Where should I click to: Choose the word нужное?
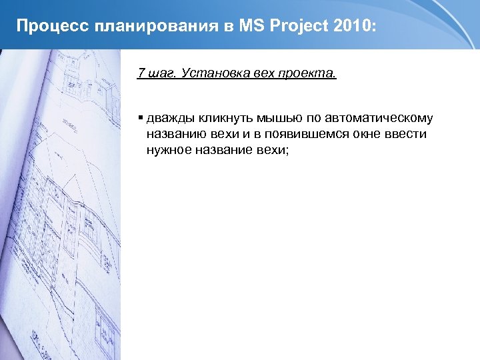click(x=169, y=151)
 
